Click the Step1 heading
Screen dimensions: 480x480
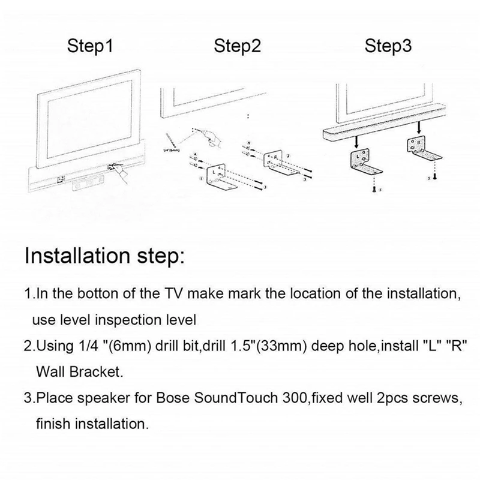click(x=91, y=47)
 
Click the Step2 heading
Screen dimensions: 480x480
click(x=238, y=47)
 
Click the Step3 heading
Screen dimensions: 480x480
click(x=389, y=47)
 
